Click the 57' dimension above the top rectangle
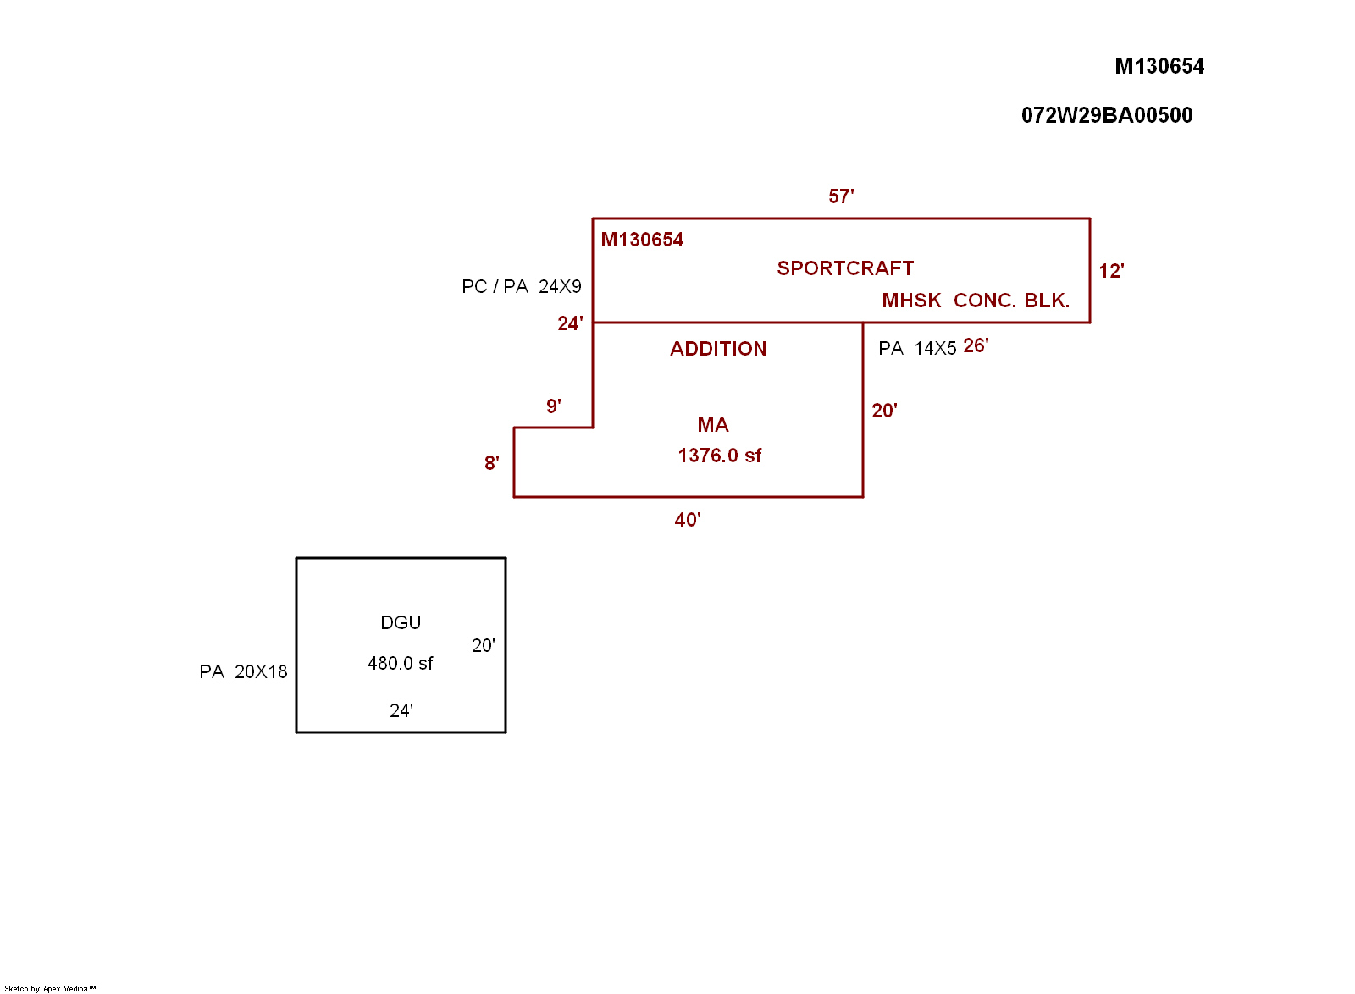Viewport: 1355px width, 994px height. click(x=841, y=196)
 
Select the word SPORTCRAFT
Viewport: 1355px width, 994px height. click(x=845, y=268)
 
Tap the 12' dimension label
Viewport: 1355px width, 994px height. click(x=1111, y=271)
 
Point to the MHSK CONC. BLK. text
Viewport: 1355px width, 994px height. click(x=976, y=301)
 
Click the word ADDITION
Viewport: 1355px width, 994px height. click(x=718, y=349)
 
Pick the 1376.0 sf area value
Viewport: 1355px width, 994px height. click(x=719, y=456)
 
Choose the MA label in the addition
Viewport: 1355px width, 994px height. click(x=713, y=425)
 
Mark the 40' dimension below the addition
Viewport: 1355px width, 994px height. click(x=688, y=520)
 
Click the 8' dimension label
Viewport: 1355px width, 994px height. click(x=492, y=463)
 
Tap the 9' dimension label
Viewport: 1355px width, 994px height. click(x=554, y=406)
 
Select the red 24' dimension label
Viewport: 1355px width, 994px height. click(x=570, y=323)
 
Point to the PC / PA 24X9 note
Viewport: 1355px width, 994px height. click(x=522, y=286)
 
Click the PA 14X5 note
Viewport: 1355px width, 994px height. click(x=917, y=349)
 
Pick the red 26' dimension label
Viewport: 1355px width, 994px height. click(x=976, y=345)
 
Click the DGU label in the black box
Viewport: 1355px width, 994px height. click(x=401, y=623)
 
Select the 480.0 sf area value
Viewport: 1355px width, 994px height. click(x=400, y=664)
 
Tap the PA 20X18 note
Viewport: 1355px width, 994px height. click(x=243, y=672)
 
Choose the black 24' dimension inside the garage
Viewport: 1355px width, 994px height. click(x=401, y=711)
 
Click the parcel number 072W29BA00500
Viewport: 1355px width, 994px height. click(x=1107, y=115)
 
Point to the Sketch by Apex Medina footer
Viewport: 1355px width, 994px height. click(x=50, y=988)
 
